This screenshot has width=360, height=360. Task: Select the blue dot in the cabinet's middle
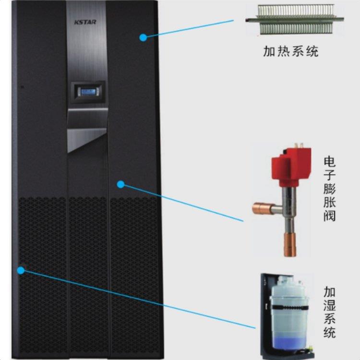[x=120, y=183]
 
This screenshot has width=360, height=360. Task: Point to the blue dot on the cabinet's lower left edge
[x=20, y=270]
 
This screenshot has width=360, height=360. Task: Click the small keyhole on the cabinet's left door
[x=21, y=87]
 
